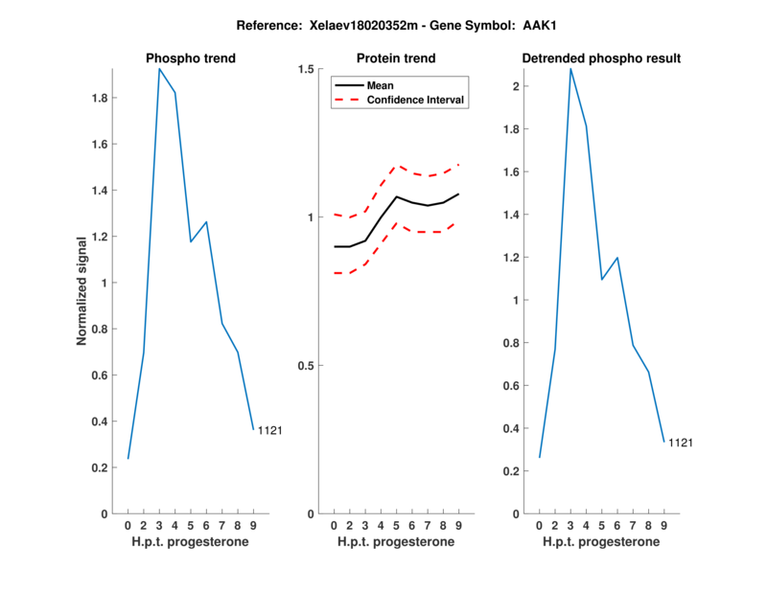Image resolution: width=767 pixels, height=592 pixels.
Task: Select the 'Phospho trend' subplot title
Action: click(x=191, y=58)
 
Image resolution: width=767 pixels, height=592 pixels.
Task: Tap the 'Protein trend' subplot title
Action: click(x=396, y=58)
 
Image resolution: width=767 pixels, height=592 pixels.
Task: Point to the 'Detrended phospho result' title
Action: click(x=601, y=58)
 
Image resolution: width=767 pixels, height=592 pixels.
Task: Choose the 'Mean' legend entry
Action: click(x=380, y=85)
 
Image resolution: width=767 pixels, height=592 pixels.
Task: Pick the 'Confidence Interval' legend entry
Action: click(x=416, y=100)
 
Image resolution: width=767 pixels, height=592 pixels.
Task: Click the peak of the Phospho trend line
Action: click(x=159, y=69)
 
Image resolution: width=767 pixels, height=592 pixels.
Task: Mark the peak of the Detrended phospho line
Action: click(x=570, y=69)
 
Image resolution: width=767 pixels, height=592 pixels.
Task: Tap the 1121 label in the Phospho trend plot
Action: click(x=269, y=431)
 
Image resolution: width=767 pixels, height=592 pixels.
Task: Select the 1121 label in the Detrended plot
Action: click(x=681, y=443)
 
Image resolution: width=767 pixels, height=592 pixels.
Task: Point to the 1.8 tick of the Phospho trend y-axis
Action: click(x=100, y=98)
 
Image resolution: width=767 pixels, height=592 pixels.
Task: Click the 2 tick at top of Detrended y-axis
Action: click(x=516, y=86)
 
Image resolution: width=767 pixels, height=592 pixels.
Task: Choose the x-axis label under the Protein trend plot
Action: click(x=396, y=542)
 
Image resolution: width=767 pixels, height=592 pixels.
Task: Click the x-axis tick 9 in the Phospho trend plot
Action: click(x=253, y=526)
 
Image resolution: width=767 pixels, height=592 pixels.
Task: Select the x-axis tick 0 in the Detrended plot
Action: click(x=540, y=526)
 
